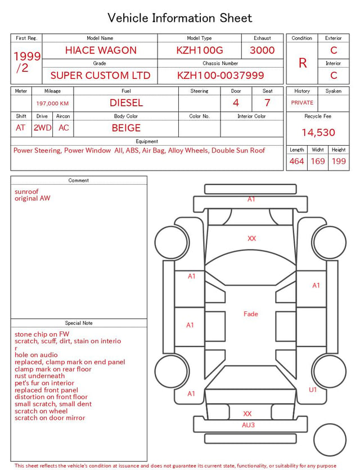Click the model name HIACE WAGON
(101, 50)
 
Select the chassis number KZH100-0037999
(220, 75)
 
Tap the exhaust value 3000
(262, 50)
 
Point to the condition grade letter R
(303, 63)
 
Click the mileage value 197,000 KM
(52, 104)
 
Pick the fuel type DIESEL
(126, 103)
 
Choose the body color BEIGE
(126, 128)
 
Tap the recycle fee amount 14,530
(318, 132)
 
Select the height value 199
(339, 161)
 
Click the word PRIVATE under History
(302, 103)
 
